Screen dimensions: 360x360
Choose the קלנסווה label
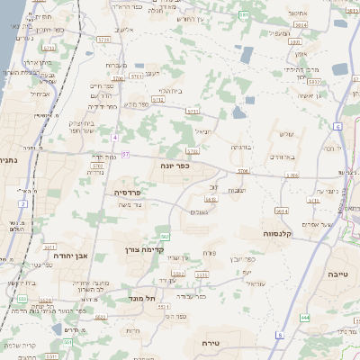tap(282, 233)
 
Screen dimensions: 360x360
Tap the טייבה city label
tap(337, 273)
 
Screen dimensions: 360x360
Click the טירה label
tap(230, 342)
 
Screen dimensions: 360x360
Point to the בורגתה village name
tap(242, 147)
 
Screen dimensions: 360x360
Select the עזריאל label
tap(255, 283)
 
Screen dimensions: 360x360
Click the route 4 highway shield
tap(115, 137)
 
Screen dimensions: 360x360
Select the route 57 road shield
tap(125, 154)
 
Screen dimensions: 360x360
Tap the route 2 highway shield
tap(22, 203)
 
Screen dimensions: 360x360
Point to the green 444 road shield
tap(305, 318)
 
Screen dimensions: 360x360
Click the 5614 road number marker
tap(282, 211)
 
